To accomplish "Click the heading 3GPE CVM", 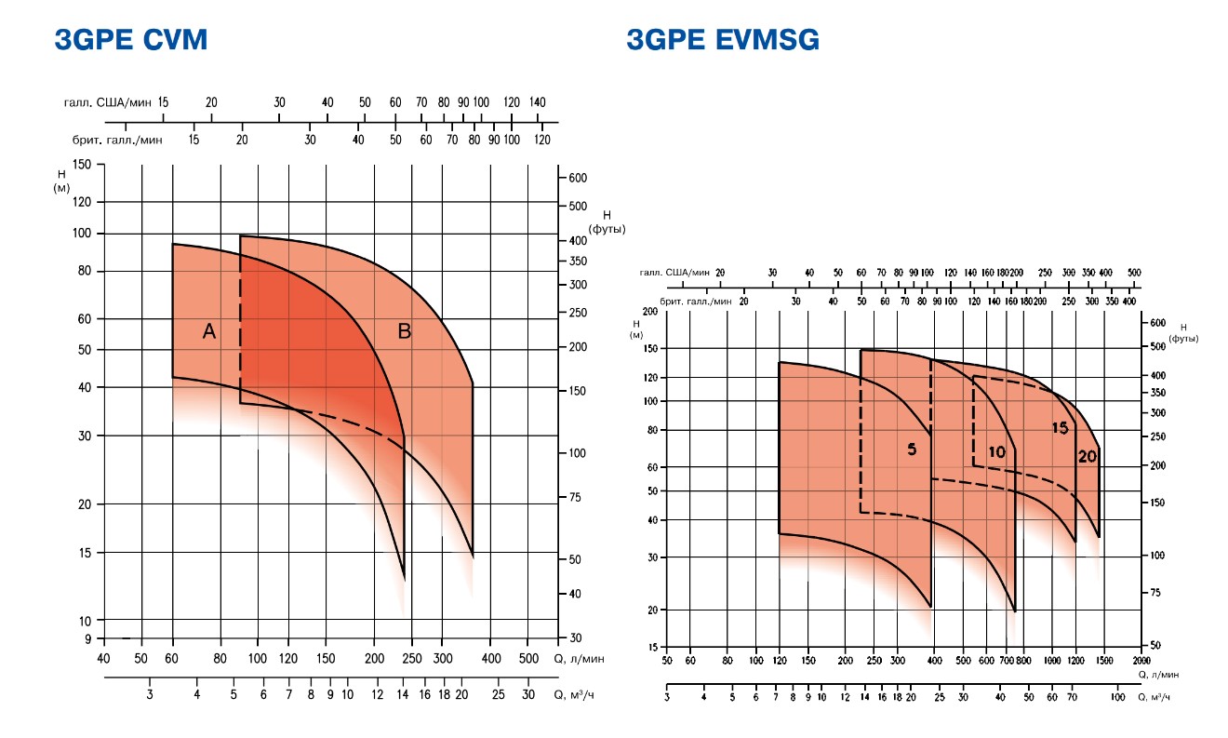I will click(x=130, y=40).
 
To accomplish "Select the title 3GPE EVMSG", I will click(x=723, y=40).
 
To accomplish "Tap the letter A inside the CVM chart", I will click(x=209, y=330).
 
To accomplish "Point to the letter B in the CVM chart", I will click(x=405, y=330).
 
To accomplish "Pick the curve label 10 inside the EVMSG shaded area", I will click(x=996, y=452).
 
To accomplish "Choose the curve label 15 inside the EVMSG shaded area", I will click(x=1059, y=428).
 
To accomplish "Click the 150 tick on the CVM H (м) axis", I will click(x=82, y=165).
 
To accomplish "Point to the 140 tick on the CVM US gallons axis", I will click(x=537, y=102).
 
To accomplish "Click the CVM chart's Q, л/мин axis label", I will click(x=579, y=659).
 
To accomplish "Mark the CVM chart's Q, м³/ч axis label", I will click(x=577, y=694).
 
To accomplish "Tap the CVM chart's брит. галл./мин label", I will click(x=117, y=140).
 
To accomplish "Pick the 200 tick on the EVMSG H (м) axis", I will click(x=648, y=312).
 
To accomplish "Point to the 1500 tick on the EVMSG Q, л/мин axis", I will click(x=1103, y=660).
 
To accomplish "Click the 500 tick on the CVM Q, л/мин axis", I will click(x=527, y=659).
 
